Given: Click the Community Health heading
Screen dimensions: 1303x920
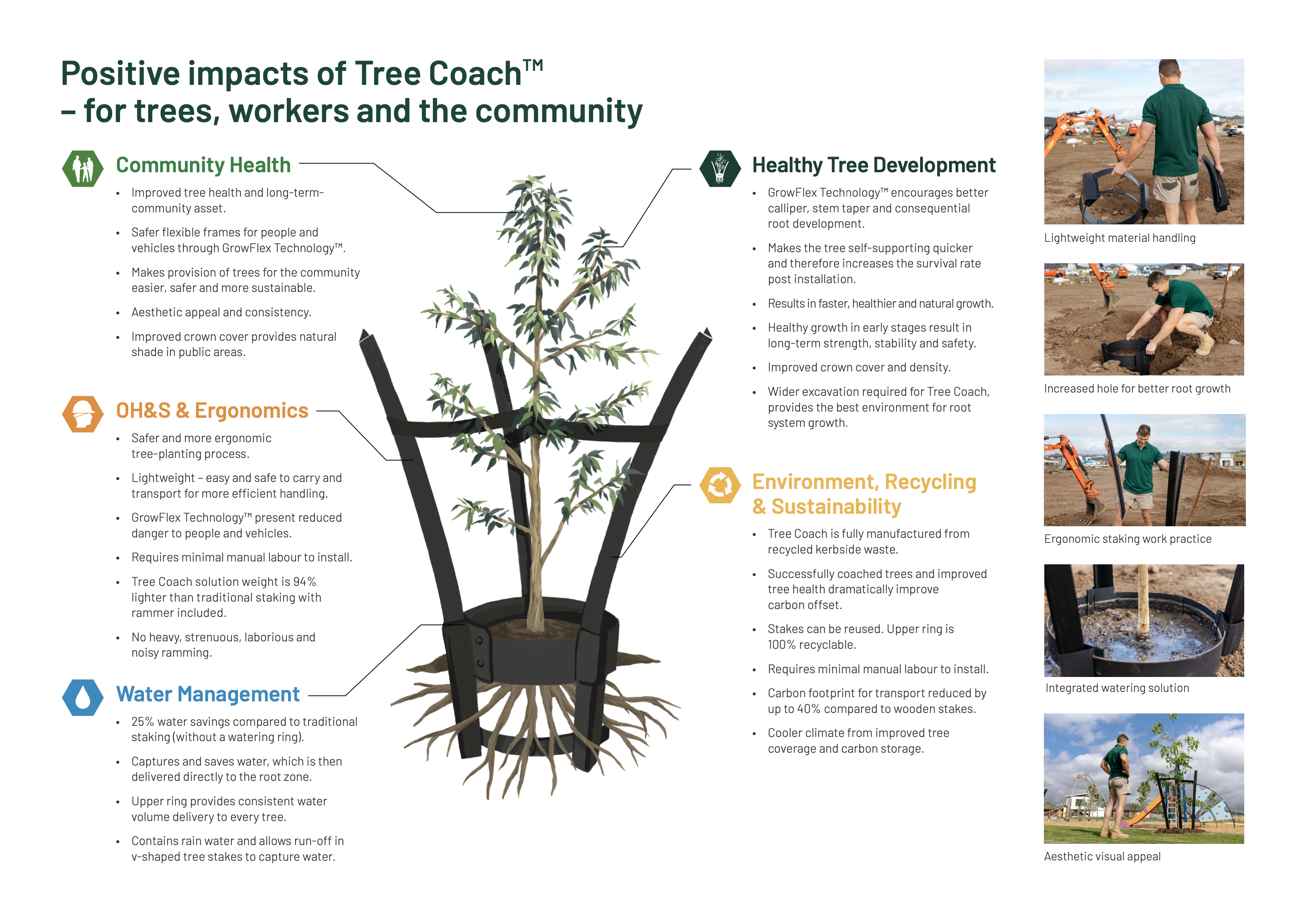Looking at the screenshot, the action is tap(203, 165).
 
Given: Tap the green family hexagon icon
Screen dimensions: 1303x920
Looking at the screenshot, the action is tap(83, 169).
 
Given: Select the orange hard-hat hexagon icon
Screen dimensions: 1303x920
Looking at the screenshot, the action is tap(83, 414).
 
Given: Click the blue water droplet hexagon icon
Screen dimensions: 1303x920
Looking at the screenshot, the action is tap(83, 698).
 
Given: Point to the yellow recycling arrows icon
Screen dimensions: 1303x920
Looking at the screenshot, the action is tap(720, 485).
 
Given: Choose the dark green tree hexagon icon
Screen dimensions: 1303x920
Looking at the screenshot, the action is tap(720, 169).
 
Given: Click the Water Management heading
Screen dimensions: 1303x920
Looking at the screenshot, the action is tap(208, 694).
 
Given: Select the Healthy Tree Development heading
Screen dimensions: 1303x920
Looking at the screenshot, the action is tap(874, 165).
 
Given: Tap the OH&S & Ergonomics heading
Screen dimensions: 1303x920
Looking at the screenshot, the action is tap(212, 410).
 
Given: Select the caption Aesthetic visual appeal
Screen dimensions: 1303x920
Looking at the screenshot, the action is tap(1102, 856).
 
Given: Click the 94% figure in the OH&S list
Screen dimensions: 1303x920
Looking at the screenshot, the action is tap(305, 582).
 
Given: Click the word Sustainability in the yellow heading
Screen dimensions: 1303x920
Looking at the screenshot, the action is tap(837, 506).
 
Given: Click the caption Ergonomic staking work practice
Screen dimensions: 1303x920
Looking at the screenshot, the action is tap(1128, 539).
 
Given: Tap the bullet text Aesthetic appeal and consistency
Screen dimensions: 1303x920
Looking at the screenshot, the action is tap(221, 313).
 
